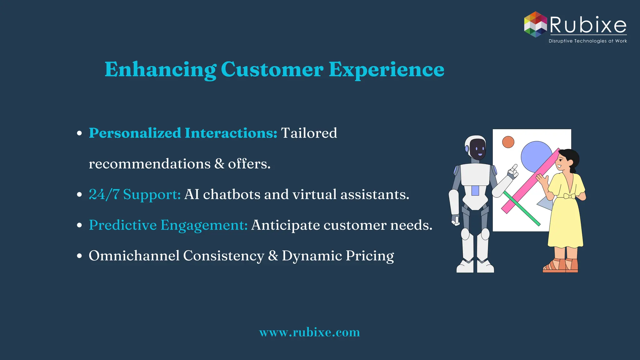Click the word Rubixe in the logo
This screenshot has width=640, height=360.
click(x=588, y=25)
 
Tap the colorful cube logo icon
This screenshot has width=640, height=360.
click(x=535, y=25)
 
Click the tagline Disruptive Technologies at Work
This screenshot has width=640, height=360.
click(x=587, y=41)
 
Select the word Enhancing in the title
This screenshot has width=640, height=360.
click(x=160, y=69)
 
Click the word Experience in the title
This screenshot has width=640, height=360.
click(x=386, y=69)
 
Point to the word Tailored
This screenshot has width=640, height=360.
click(x=309, y=133)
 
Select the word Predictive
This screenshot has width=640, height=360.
click(x=123, y=225)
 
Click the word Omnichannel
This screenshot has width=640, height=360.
click(x=134, y=256)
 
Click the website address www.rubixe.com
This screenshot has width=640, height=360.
click(x=309, y=332)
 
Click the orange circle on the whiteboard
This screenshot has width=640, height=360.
click(x=508, y=142)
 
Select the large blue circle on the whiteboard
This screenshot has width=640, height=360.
click(x=535, y=156)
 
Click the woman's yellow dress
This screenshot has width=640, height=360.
click(x=566, y=219)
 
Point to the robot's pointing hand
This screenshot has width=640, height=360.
click(x=512, y=171)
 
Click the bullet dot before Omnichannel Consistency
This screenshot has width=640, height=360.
click(x=79, y=256)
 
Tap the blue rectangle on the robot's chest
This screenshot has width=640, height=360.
click(x=475, y=190)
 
